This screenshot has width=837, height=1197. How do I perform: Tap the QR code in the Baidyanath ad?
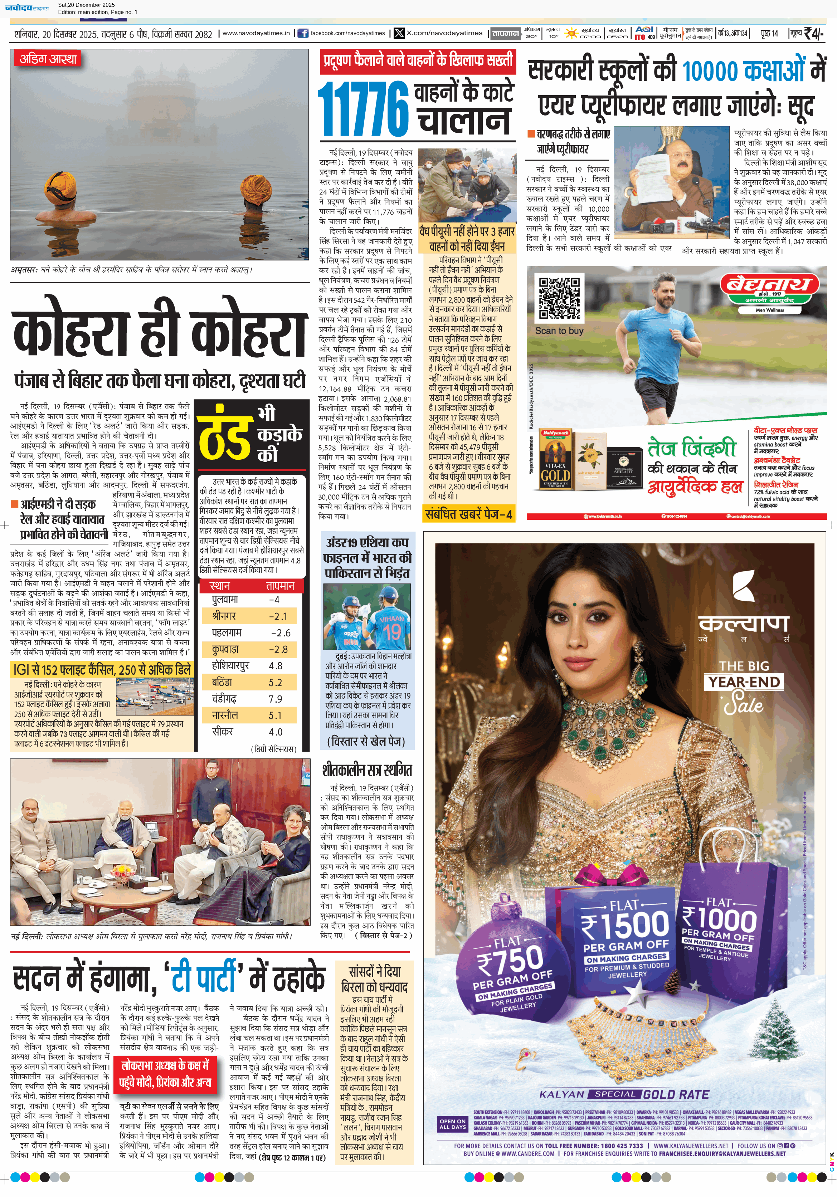[559, 298]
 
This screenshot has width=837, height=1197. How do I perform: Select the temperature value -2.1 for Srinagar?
[278, 616]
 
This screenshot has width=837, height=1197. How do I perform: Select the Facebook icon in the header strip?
[302, 33]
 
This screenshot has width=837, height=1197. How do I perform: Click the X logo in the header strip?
[399, 33]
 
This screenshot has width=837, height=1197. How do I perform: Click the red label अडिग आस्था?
[48, 59]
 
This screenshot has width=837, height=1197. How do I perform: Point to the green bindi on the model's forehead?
[572, 604]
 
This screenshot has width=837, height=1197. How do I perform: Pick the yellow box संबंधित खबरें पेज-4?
[468, 514]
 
